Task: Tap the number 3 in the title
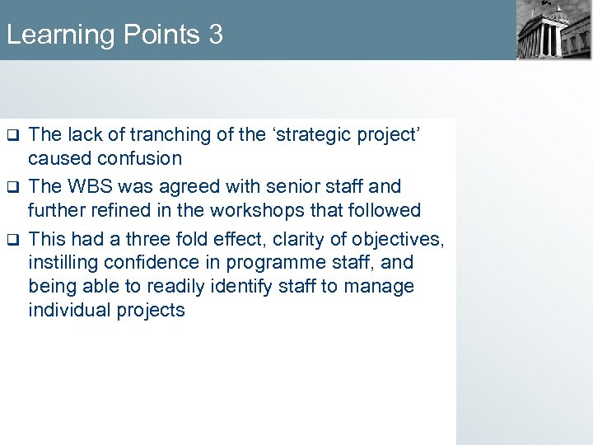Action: (215, 35)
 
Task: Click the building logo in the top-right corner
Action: (553, 30)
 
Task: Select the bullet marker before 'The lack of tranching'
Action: (12, 133)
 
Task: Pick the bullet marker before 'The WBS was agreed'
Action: (12, 187)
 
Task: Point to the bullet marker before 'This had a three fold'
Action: (12, 240)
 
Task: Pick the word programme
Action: (251, 263)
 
